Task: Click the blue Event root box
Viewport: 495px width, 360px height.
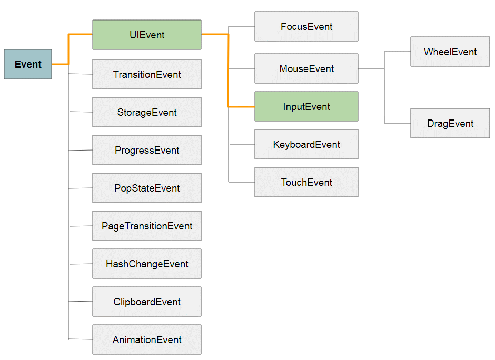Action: pyautogui.click(x=28, y=64)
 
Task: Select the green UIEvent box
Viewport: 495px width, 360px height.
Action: pyautogui.click(x=147, y=35)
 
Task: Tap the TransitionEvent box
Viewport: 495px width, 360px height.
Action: pyautogui.click(x=147, y=74)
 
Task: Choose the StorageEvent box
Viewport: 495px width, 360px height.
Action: pyautogui.click(x=147, y=112)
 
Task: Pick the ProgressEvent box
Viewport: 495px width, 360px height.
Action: pyautogui.click(x=147, y=150)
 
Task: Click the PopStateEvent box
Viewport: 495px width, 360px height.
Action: pyautogui.click(x=147, y=188)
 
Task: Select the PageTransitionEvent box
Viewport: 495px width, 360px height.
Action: pyautogui.click(x=147, y=226)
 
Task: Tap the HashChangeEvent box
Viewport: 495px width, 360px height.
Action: pyautogui.click(x=147, y=264)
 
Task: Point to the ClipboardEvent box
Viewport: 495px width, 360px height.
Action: pyautogui.click(x=147, y=301)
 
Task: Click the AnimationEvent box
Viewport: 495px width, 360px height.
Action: pyautogui.click(x=147, y=339)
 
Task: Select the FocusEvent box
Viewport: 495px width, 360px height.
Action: pyautogui.click(x=306, y=26)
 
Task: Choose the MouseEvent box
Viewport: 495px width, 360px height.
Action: pyautogui.click(x=306, y=68)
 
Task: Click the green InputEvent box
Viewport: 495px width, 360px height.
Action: pyautogui.click(x=306, y=106)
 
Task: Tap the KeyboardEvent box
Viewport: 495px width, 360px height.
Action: pyautogui.click(x=306, y=144)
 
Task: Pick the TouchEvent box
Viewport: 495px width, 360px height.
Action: pyautogui.click(x=306, y=182)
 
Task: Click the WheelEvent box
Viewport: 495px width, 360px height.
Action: pyautogui.click(x=450, y=52)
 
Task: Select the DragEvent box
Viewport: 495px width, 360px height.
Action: pyautogui.click(x=450, y=123)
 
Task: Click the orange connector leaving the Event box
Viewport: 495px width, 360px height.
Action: pyautogui.click(x=68, y=49)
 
